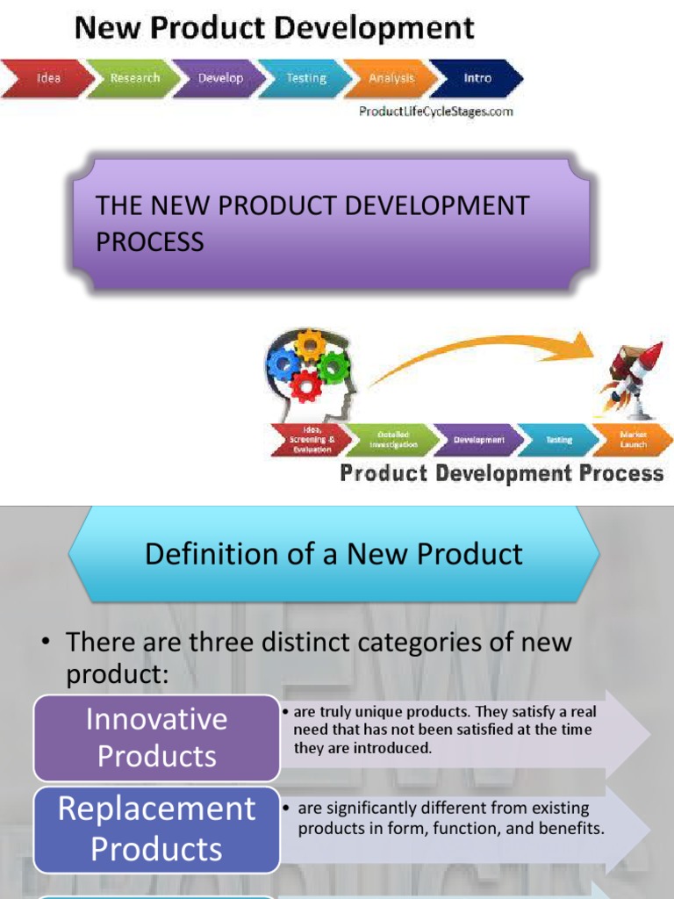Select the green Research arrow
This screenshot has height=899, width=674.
click(x=134, y=78)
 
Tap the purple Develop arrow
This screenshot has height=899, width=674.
click(x=220, y=78)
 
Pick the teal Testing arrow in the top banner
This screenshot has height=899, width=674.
click(x=305, y=78)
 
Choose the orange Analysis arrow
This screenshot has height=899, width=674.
click(x=391, y=78)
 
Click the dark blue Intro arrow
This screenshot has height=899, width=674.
click(x=477, y=78)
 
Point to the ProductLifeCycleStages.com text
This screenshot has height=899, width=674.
click(x=436, y=111)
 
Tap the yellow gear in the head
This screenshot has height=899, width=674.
click(x=310, y=345)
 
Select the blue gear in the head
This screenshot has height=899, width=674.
click(x=284, y=363)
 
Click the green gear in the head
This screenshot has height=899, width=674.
click(x=333, y=366)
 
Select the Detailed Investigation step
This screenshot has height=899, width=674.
click(x=393, y=439)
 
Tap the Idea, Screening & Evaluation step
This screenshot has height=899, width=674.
click(x=309, y=439)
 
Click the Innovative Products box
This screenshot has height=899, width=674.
click(x=156, y=737)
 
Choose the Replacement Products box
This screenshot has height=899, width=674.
click(x=156, y=829)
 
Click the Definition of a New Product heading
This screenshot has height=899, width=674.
click(x=333, y=554)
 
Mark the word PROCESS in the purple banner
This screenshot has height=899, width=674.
click(x=150, y=241)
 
